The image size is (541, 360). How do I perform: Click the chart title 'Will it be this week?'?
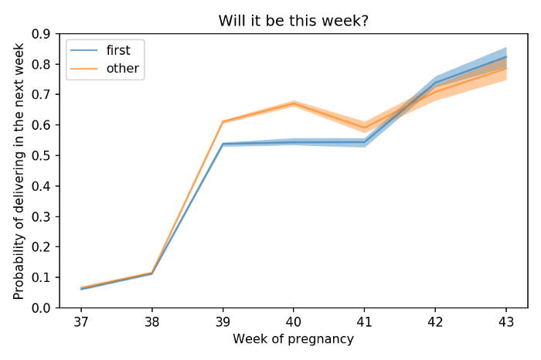point(293,20)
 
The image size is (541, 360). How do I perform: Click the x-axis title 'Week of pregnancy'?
point(293,339)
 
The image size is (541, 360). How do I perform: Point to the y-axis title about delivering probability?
point(19,171)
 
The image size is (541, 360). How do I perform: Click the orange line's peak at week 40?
point(294,103)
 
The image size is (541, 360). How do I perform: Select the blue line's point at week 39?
point(223,144)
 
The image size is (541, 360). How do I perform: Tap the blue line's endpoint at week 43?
point(506,57)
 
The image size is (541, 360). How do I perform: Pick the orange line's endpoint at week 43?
point(506,68)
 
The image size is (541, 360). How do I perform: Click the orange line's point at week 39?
point(223,122)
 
